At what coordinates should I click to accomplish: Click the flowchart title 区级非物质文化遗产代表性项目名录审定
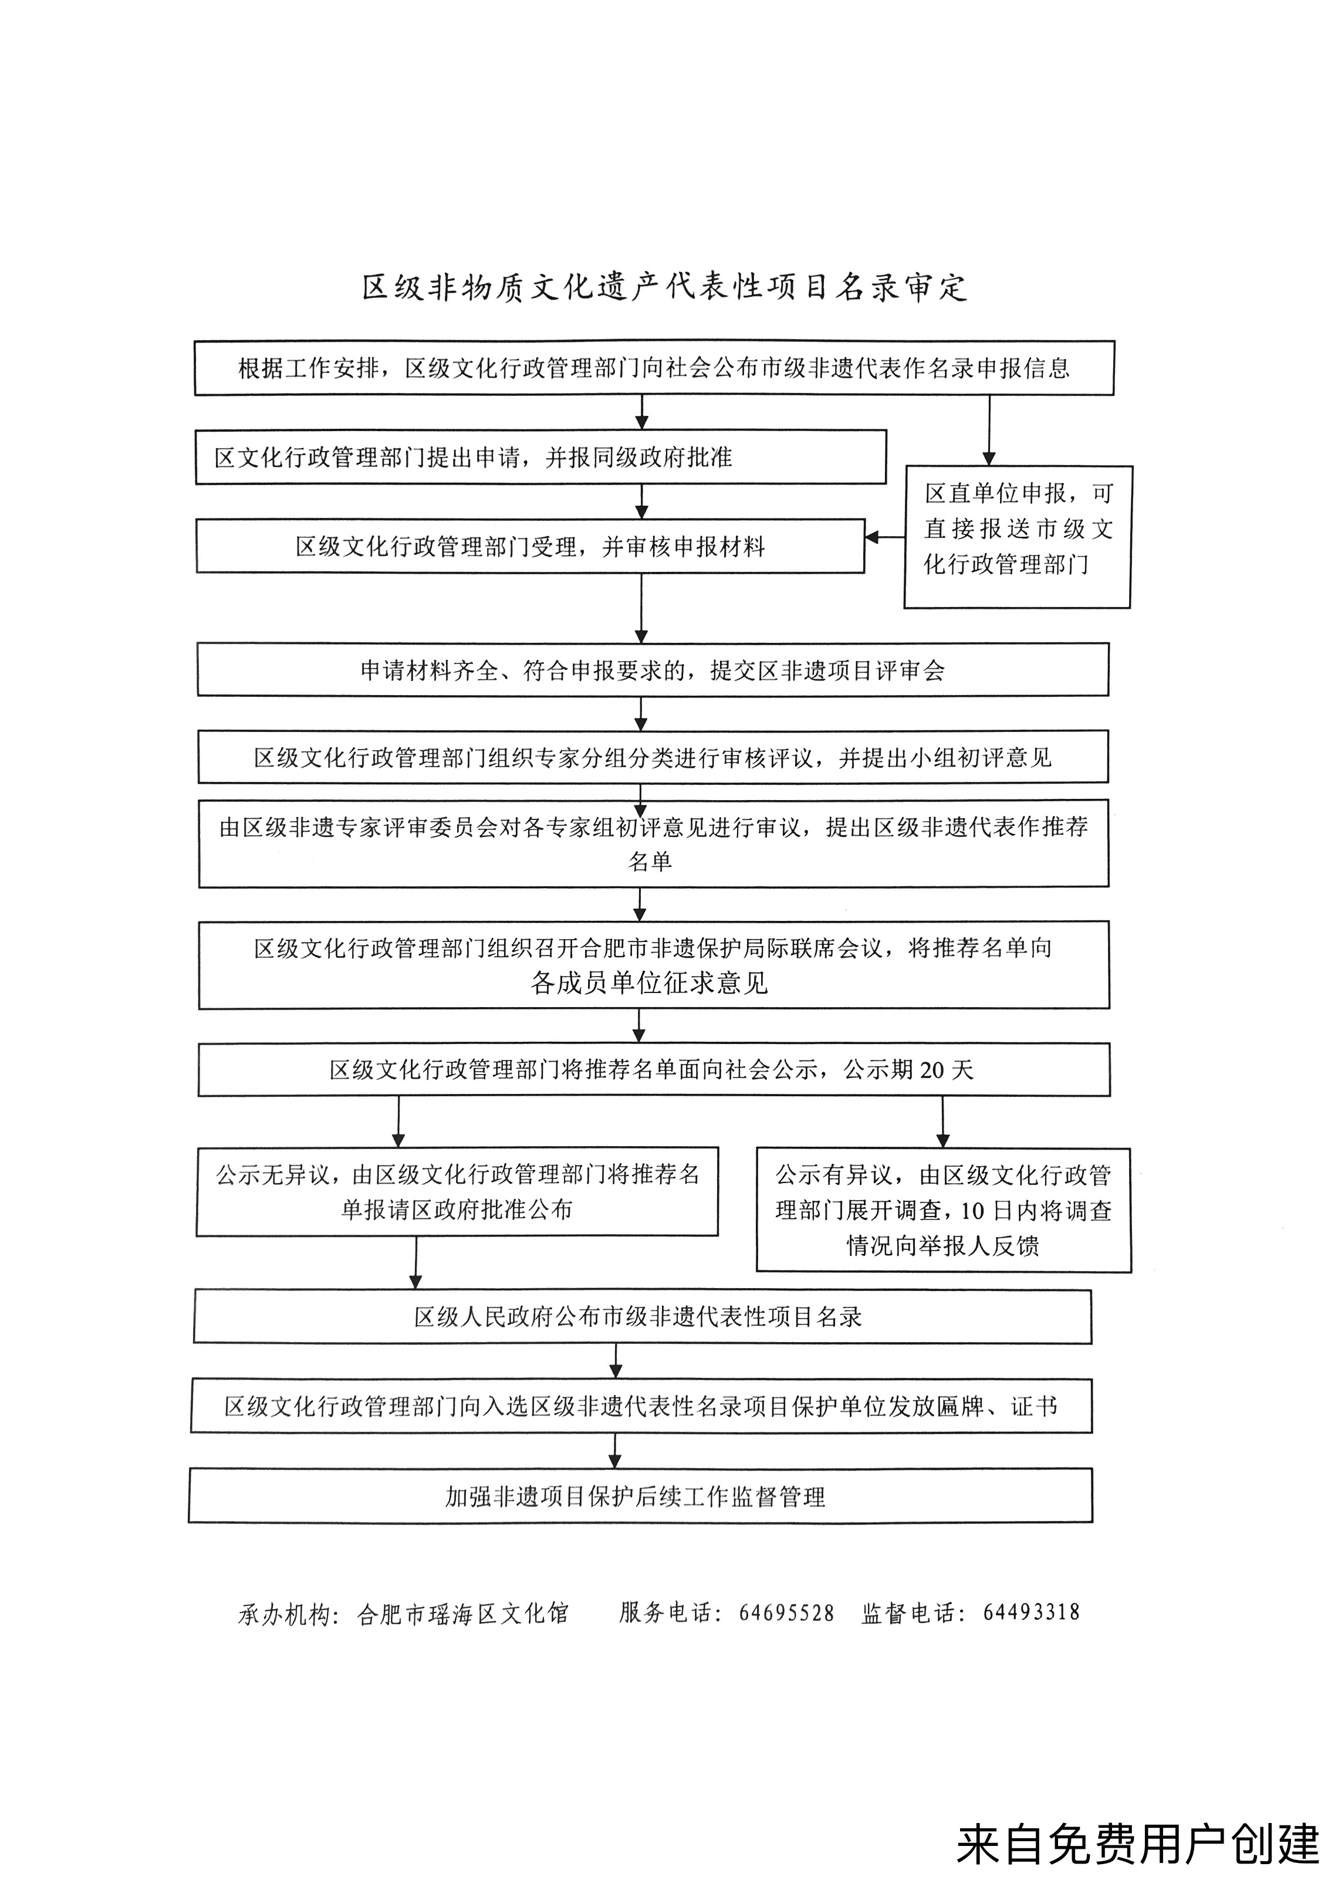tap(664, 287)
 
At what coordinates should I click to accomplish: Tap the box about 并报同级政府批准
tap(540, 457)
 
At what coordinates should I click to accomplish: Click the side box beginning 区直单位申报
tap(1017, 537)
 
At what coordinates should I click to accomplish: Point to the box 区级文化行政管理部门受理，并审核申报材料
tap(530, 546)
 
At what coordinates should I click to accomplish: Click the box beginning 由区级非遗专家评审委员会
tap(653, 843)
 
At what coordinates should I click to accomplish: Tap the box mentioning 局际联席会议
tap(653, 965)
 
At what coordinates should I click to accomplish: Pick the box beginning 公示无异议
tap(457, 1192)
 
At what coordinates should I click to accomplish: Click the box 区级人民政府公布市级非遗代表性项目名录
tap(643, 1317)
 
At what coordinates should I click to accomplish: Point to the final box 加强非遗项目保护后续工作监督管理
tap(640, 1496)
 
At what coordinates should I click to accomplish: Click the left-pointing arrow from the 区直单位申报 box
tap(885, 537)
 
